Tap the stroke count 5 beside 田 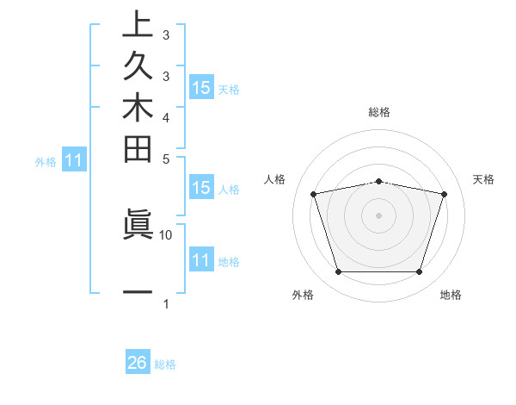[x=166, y=159]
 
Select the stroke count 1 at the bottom [x=166, y=303]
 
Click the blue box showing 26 [x=138, y=363]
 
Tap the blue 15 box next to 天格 [x=201, y=88]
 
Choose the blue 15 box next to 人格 [x=201, y=188]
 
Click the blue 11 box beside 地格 [x=201, y=260]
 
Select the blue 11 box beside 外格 [x=75, y=159]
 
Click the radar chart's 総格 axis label [x=379, y=112]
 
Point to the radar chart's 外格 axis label [x=303, y=296]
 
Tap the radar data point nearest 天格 [x=444, y=194]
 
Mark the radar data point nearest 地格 [x=419, y=272]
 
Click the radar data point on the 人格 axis [x=314, y=194]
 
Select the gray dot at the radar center [x=379, y=215]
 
